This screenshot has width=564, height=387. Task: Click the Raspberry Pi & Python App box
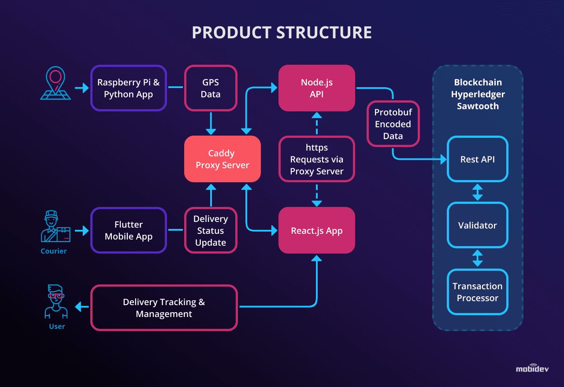coord(128,88)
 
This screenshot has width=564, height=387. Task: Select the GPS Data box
coord(211,88)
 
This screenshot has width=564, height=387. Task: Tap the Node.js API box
coord(316,88)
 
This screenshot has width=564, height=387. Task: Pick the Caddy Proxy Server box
coord(222,159)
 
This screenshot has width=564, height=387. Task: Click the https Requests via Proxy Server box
coord(316,159)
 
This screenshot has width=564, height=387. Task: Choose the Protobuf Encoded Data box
coord(393,124)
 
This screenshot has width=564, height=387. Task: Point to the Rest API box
coord(477,159)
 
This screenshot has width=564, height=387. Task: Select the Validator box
coord(477,225)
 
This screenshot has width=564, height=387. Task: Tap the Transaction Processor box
coord(477,292)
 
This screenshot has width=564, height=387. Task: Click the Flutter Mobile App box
coord(128,230)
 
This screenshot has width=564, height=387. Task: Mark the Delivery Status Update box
coord(211,230)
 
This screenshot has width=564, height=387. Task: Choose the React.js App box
coord(316,230)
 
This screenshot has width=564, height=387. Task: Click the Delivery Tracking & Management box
coord(164,308)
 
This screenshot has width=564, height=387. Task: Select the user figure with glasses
coord(56,301)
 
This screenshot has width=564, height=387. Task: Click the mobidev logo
coord(532,369)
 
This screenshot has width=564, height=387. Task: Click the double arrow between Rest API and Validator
coord(477,192)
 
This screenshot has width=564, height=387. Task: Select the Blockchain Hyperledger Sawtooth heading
coord(478,94)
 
